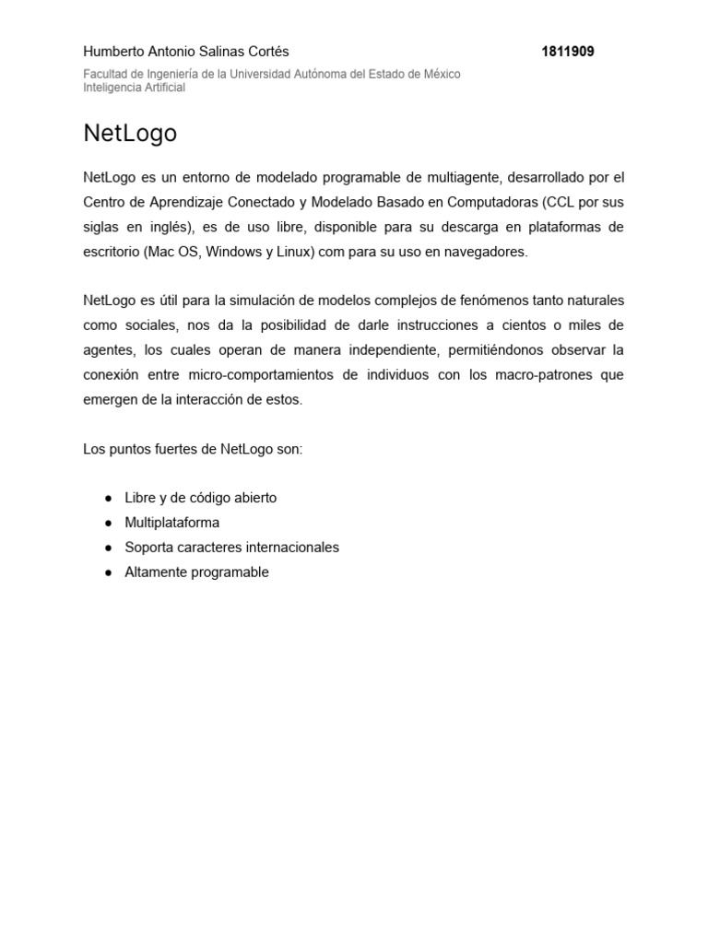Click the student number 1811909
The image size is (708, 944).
(x=568, y=52)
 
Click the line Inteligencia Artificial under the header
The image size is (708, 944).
(x=135, y=88)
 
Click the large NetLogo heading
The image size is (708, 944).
(x=130, y=134)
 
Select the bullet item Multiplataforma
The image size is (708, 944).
(x=172, y=523)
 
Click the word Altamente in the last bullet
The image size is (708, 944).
(x=154, y=572)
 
